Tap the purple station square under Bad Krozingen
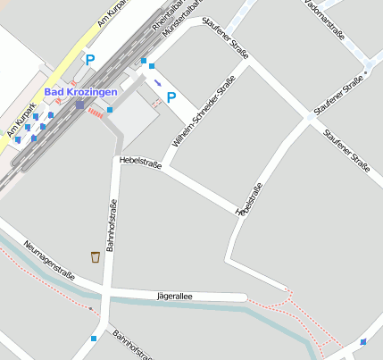[79, 105]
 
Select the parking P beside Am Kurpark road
[89, 60]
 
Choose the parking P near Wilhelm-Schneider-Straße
[171, 97]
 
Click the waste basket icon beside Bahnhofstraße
[95, 257]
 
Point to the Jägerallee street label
[175, 294]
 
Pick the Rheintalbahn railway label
[171, 17]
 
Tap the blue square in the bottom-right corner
[363, 342]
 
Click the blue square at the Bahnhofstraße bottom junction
[95, 338]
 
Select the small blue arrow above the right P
[158, 83]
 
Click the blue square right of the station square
[110, 110]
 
